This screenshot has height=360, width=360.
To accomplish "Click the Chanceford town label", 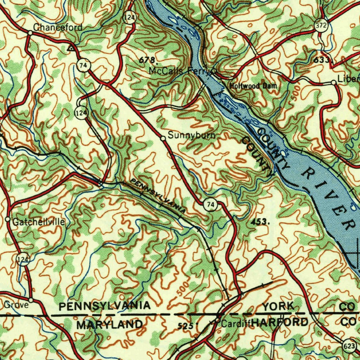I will (58, 27).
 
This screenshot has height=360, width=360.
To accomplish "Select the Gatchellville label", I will (39, 222).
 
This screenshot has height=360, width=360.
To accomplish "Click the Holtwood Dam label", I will (253, 86).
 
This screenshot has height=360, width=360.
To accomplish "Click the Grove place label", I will (16, 305).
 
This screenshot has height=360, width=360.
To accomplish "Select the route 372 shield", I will (321, 26).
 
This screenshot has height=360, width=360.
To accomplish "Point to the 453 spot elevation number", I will (261, 222).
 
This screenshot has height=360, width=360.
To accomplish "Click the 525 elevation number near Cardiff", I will (185, 326).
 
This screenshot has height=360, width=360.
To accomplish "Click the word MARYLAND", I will (110, 324).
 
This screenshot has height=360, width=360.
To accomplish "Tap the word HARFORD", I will (280, 322).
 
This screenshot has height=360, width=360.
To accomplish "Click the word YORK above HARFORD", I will (278, 306).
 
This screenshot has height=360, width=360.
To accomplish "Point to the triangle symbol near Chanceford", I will (72, 47).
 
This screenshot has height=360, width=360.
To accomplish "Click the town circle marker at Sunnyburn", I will (163, 139).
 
